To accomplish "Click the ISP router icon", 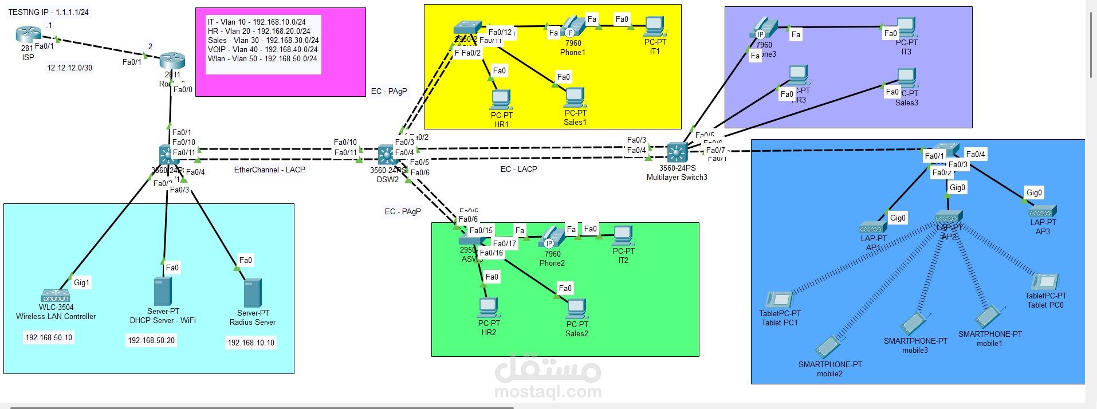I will (26, 36).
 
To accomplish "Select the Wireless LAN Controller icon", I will (56, 296).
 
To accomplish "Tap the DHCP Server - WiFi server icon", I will (163, 292).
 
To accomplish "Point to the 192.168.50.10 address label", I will (49, 337).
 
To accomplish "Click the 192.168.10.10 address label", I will (251, 343).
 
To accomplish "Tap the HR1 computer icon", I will (501, 100).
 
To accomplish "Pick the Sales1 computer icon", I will (575, 98).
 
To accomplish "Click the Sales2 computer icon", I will (576, 309).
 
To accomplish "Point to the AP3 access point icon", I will (1043, 211).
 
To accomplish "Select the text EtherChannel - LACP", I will (269, 170).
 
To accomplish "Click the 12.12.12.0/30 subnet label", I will (69, 68).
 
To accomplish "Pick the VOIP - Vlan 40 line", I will (262, 49).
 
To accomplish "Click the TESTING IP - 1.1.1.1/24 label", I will (49, 12).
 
